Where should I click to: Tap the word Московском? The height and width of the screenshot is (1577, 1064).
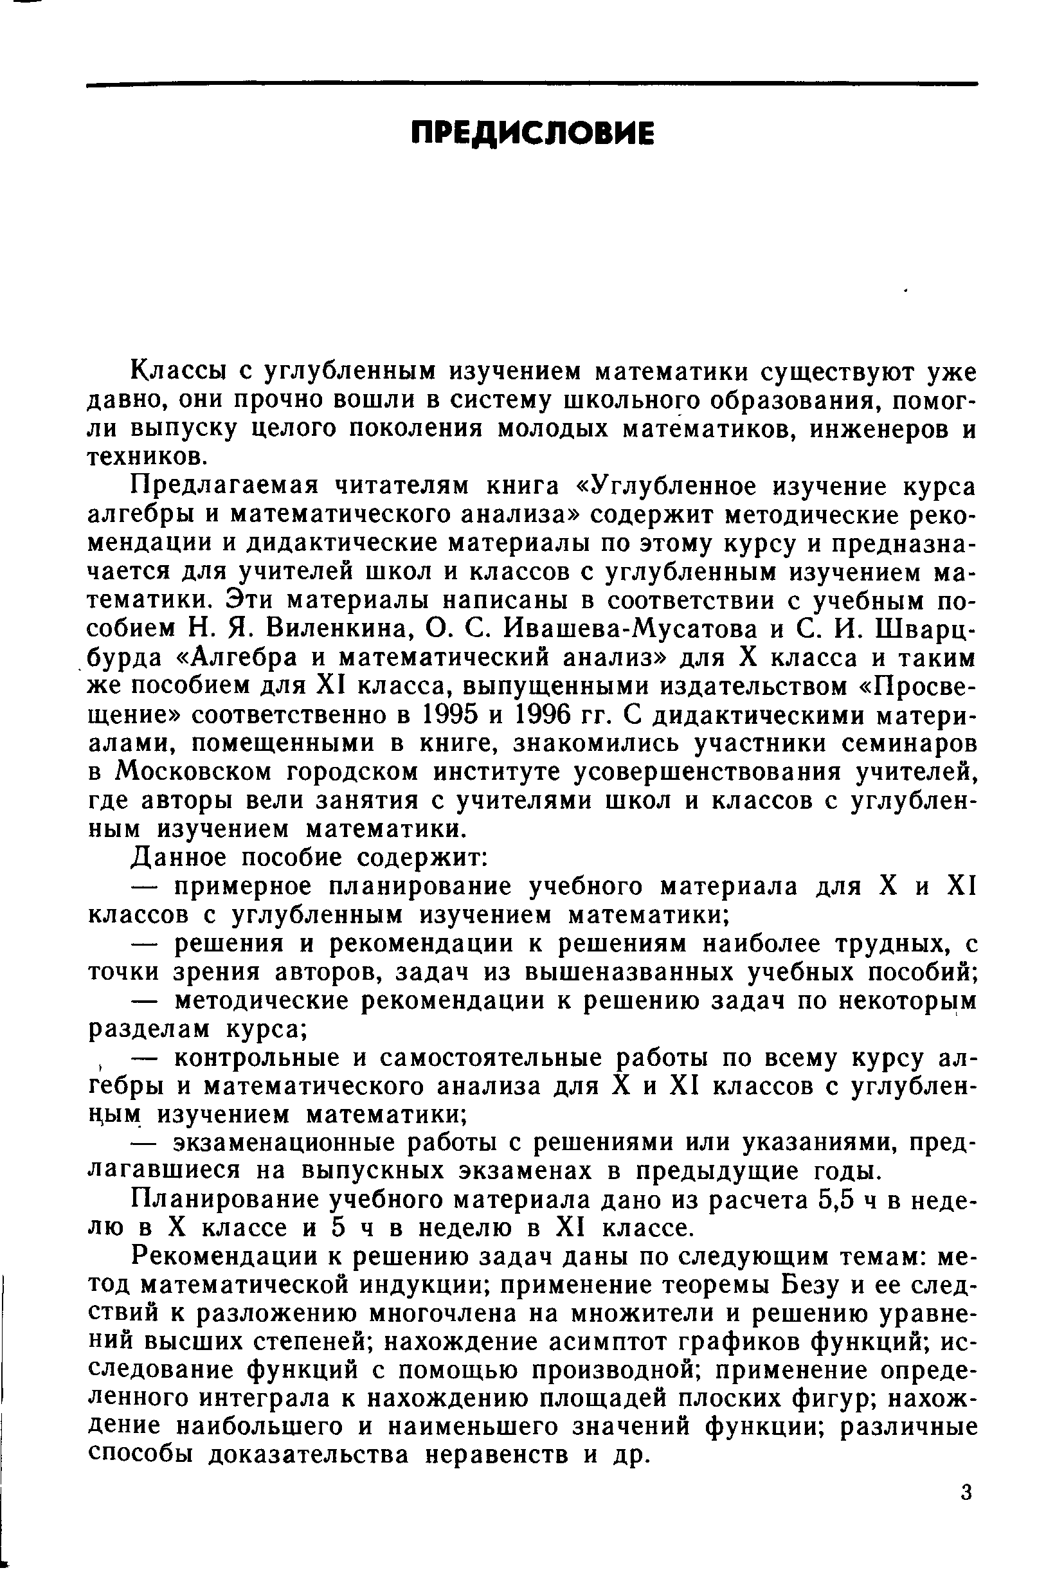(x=192, y=772)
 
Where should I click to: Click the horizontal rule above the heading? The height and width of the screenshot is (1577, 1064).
(x=532, y=85)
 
